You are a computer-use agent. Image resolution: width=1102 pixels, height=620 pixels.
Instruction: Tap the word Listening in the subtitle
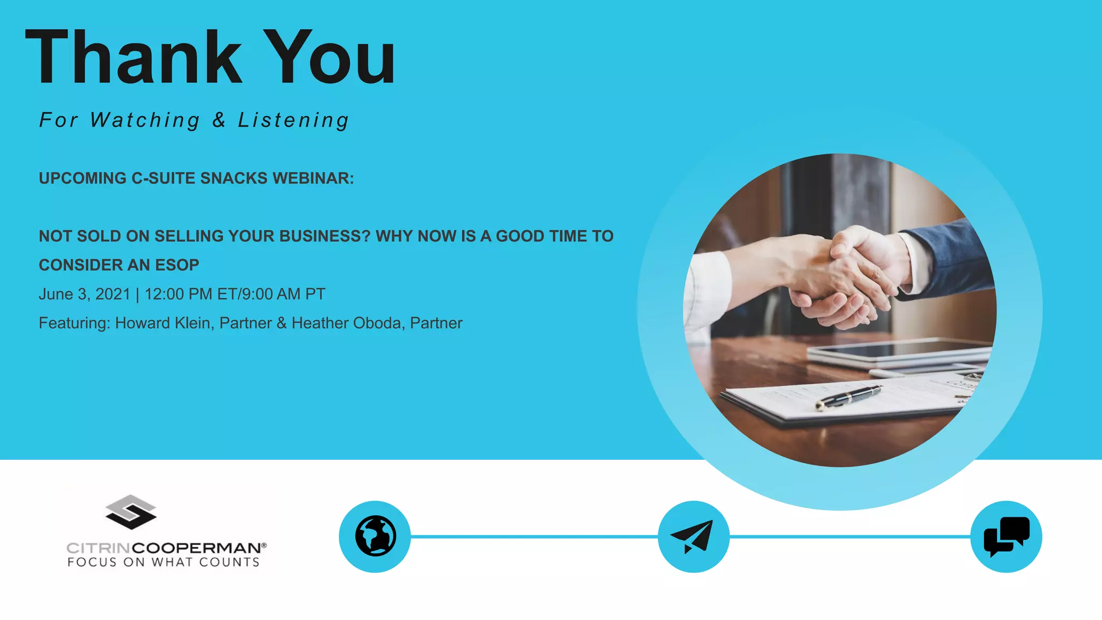[294, 120]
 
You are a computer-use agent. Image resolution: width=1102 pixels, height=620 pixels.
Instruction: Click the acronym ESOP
[177, 265]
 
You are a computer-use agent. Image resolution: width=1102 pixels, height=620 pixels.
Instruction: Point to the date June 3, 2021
[84, 294]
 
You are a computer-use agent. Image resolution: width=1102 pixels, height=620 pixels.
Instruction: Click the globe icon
[375, 536]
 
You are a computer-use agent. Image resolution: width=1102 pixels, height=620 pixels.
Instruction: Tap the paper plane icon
[693, 536]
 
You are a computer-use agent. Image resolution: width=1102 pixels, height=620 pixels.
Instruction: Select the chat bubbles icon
[1006, 536]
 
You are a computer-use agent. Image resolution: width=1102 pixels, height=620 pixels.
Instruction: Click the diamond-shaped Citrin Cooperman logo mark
[131, 512]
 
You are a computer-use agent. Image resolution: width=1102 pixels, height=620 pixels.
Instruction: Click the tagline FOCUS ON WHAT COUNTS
[164, 562]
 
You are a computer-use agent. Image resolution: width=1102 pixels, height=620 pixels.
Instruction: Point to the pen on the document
[847, 397]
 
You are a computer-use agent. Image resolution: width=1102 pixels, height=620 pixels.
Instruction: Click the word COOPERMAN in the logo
[196, 548]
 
